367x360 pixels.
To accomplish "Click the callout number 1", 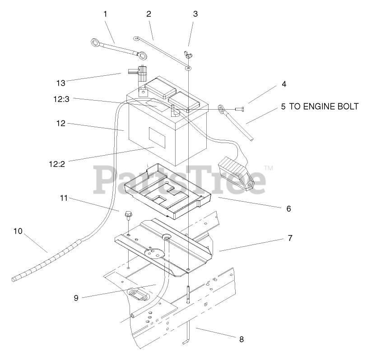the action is tap(105, 14).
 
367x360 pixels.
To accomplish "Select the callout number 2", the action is tap(149, 14).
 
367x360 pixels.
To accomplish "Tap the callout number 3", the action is tap(195, 14).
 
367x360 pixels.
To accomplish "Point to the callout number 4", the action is tap(283, 84).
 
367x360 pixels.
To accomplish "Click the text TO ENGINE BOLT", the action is tap(324, 107).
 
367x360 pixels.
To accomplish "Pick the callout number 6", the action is tap(288, 209).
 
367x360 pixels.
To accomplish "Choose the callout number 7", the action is tap(289, 238).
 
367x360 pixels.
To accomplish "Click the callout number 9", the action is tap(76, 298).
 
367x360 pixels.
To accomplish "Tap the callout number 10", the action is tap(18, 231).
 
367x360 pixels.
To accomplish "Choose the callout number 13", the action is tap(61, 83).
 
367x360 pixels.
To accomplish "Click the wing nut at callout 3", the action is tap(189, 56).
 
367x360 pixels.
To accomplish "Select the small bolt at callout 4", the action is tap(239, 109).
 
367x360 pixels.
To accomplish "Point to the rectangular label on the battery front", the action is tap(157, 135).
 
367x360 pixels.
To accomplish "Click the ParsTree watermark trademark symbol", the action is tap(268, 168).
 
